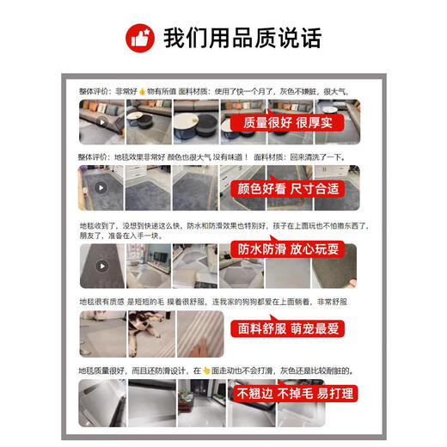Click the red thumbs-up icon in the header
point(139,37)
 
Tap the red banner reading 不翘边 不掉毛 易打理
point(297,395)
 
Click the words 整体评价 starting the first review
point(93,89)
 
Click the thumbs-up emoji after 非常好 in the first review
point(141,89)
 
